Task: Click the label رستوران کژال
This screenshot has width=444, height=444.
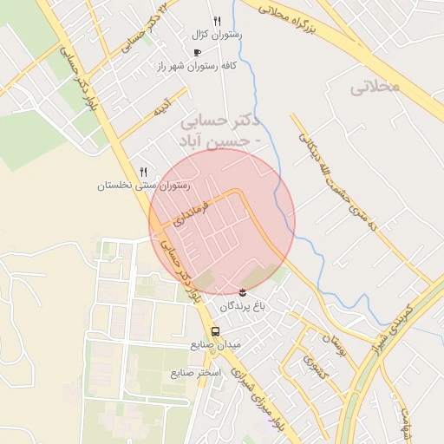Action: [217, 36]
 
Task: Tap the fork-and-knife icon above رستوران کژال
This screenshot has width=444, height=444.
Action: [217, 22]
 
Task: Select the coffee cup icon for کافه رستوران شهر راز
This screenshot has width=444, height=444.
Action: [196, 52]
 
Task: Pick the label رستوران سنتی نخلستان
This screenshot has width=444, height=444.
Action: [143, 186]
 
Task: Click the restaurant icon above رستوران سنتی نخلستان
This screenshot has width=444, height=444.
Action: [143, 172]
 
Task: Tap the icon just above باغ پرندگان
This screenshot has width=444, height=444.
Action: [241, 291]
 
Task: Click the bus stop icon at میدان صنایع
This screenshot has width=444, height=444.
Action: [215, 330]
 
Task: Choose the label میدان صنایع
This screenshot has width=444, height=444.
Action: [215, 344]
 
